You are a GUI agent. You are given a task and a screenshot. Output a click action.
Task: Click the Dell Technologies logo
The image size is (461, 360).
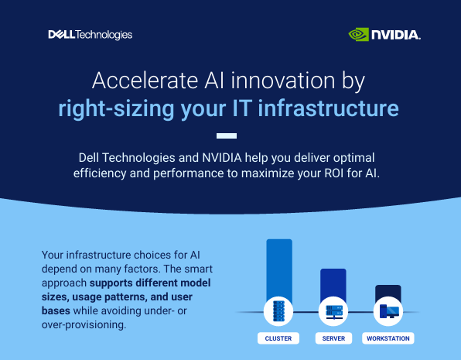[x=90, y=34]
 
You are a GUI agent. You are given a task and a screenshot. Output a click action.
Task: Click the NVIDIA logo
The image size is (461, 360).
[x=384, y=34]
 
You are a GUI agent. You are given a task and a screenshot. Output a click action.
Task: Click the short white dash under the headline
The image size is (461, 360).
[x=230, y=132]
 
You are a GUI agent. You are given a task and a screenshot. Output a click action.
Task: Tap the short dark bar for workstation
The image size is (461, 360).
[x=388, y=293]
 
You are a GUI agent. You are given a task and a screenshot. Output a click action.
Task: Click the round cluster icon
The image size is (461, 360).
[x=278, y=312]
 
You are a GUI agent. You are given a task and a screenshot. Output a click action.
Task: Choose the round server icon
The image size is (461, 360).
[x=334, y=312]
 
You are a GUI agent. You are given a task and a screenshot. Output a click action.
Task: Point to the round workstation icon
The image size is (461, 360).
[x=388, y=312]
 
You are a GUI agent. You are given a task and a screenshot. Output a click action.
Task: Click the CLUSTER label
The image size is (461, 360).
[x=278, y=339]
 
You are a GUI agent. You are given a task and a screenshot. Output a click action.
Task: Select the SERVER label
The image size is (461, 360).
[x=333, y=339]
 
